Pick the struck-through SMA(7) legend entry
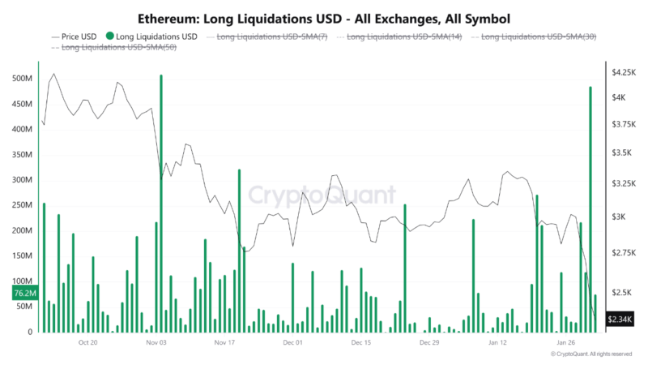click(269, 36)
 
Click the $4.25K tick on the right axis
click(624, 72)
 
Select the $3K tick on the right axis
click(617, 217)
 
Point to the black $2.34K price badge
click(620, 320)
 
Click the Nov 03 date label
click(157, 343)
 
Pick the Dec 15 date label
click(361, 343)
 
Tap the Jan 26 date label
click(565, 343)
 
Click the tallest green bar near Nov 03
click(161, 203)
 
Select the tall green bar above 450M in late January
click(590, 209)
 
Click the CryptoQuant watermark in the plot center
click(322, 195)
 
